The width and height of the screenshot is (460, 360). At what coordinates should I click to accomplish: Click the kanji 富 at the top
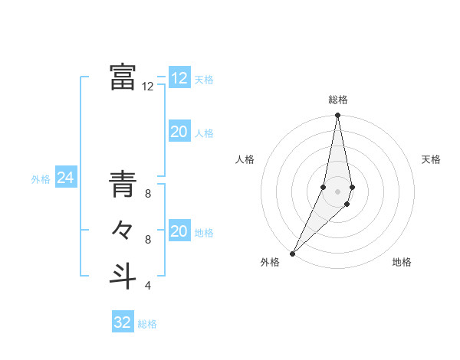pos(123,77)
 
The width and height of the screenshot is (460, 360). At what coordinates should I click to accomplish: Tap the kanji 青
pos(123,185)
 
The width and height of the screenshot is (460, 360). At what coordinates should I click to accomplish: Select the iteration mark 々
pos(123,230)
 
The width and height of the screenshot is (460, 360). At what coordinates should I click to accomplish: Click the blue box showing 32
pos(123,322)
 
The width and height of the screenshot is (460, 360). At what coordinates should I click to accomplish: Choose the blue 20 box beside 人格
pos(179,133)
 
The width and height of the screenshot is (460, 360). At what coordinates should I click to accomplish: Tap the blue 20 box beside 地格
pos(179,232)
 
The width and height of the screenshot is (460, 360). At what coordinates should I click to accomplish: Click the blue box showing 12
pos(179,78)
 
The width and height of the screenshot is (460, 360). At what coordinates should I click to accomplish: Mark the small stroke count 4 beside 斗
pos(148,286)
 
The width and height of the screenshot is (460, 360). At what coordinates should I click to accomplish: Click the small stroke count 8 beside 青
pos(148,194)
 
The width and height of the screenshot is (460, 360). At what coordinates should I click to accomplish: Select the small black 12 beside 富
pos(148,87)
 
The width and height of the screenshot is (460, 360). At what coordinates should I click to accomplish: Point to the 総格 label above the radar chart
pos(338,100)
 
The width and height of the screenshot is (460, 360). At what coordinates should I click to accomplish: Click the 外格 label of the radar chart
pos(270,262)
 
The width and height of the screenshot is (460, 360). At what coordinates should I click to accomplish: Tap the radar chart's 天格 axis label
pos(431,159)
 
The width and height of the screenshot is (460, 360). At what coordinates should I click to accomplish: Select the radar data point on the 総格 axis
pos(337,116)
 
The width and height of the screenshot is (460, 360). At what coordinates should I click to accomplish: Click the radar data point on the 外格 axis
pos(293,253)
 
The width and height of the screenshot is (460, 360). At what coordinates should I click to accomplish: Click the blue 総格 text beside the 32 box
pos(147,324)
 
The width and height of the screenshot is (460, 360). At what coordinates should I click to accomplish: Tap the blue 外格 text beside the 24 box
pos(41,179)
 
